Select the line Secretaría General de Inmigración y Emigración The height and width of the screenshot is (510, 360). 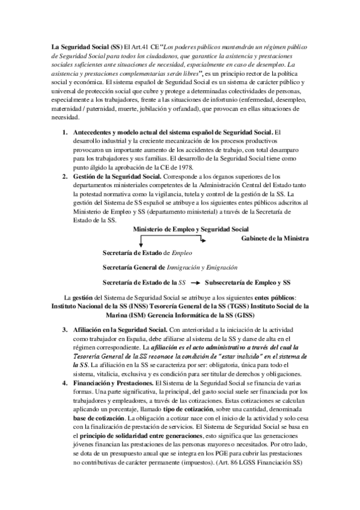click(x=169, y=267)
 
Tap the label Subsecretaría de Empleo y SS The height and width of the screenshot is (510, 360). click(x=248, y=282)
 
